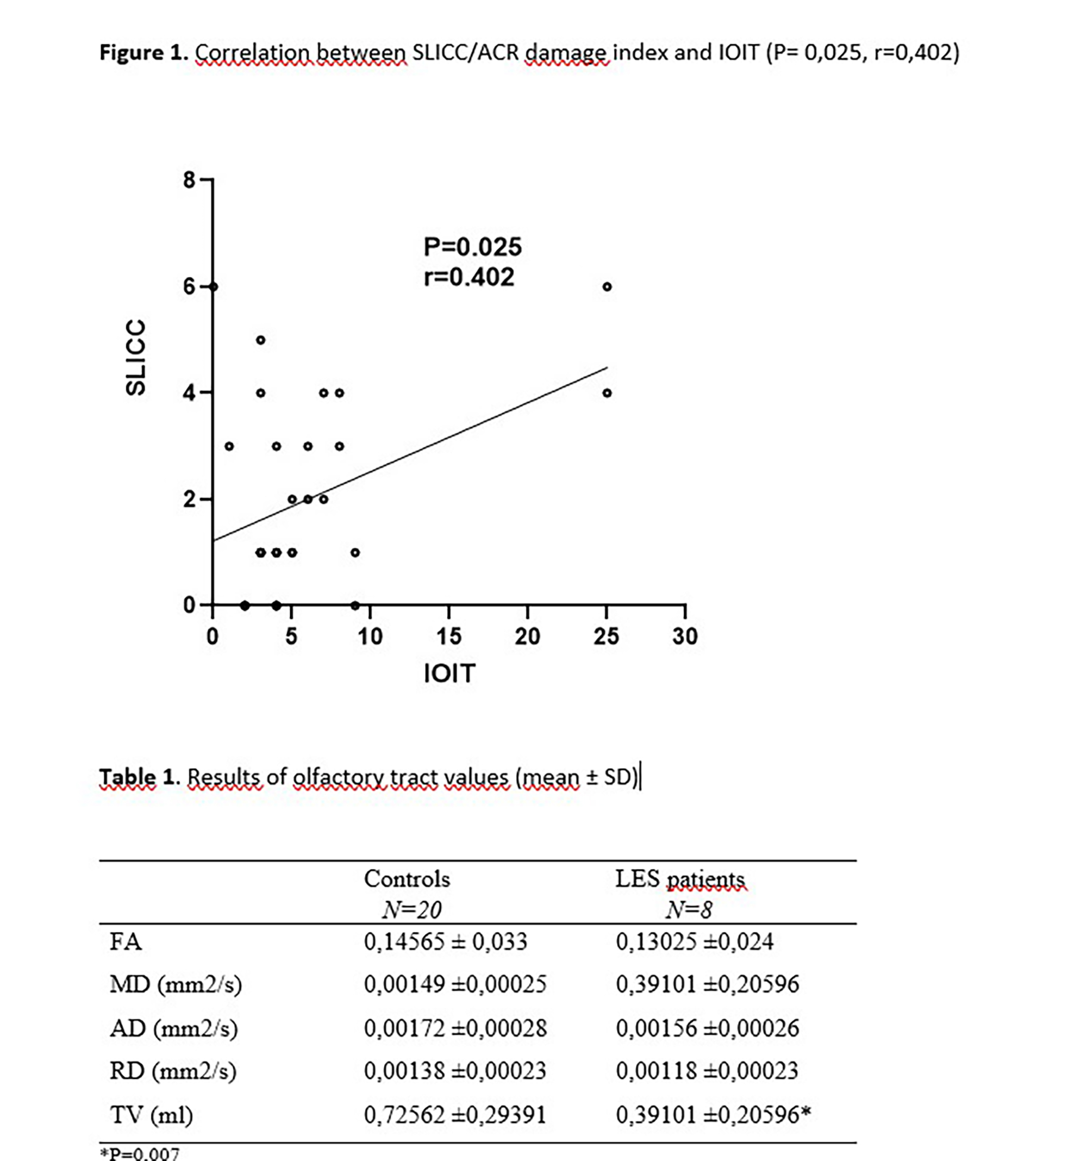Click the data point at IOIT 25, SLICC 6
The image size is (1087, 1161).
tap(607, 287)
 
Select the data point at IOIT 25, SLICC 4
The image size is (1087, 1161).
tap(607, 393)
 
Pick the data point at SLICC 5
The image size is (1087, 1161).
tap(260, 340)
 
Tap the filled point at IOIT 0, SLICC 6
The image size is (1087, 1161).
tap(213, 287)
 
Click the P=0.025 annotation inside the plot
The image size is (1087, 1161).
tap(472, 247)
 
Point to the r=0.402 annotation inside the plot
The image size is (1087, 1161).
tap(469, 277)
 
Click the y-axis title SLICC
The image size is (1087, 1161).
tap(135, 358)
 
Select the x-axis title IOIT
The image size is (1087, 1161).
tap(448, 673)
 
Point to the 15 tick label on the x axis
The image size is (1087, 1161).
tap(448, 636)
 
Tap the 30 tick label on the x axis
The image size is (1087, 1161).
tap(685, 636)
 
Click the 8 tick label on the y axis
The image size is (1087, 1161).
tap(189, 180)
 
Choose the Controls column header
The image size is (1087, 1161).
tap(407, 879)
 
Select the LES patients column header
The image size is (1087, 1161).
tap(680, 879)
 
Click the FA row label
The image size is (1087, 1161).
tap(126, 942)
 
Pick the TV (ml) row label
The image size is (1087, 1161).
tap(151, 1115)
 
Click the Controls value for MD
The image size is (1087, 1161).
tap(455, 985)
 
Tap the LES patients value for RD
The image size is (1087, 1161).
tap(707, 1070)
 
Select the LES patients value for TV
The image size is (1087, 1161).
tap(713, 1115)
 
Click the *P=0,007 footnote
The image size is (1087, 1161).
tap(140, 1153)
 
